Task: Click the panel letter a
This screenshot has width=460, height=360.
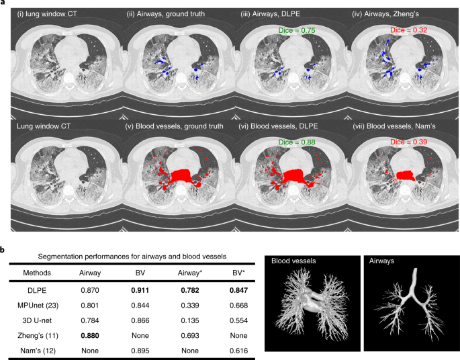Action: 3,3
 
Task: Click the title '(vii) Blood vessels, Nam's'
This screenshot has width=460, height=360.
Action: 399,125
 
